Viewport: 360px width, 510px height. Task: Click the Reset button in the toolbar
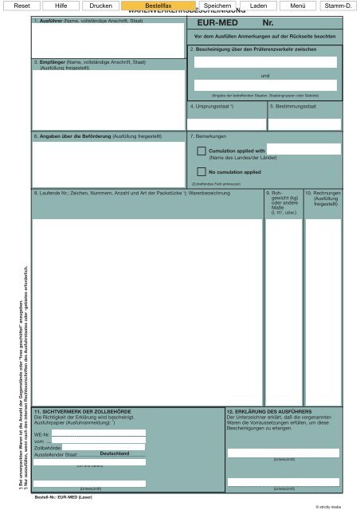pos(23,6)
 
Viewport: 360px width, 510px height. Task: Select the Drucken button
pos(100,6)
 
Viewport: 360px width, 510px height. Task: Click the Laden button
pos(258,6)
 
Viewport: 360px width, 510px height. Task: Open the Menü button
pos(299,6)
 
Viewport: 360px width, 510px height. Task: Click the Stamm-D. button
pos(339,6)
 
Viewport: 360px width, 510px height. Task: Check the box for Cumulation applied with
pos(202,151)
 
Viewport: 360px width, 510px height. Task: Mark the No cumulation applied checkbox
pos(202,171)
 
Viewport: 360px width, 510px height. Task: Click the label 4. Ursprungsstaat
pos(211,105)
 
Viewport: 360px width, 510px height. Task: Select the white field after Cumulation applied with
pos(303,149)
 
